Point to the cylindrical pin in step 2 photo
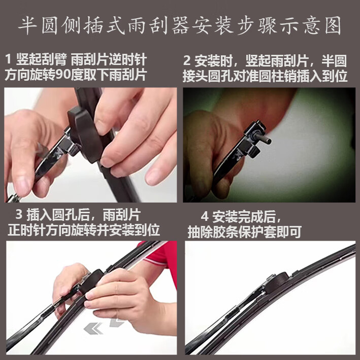click(x=263, y=138)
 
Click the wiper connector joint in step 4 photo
click(x=274, y=282)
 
